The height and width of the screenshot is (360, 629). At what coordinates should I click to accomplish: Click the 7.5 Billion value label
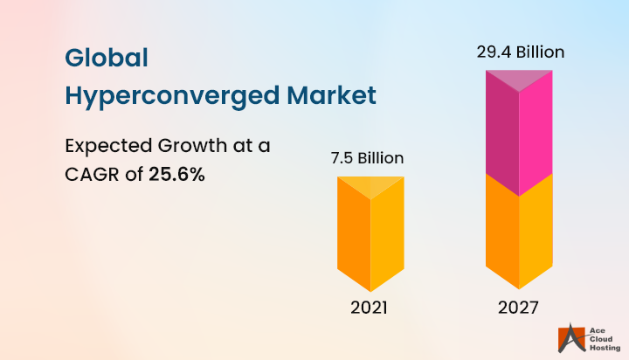(x=367, y=158)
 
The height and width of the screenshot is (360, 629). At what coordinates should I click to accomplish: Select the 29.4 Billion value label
(x=521, y=52)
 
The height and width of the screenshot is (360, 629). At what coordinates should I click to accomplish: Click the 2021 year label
(x=370, y=308)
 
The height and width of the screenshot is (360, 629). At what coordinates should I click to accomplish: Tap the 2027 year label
(x=520, y=308)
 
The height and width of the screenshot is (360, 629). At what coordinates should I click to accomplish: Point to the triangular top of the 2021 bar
(x=370, y=184)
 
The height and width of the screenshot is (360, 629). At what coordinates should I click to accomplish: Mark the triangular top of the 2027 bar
(x=520, y=79)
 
